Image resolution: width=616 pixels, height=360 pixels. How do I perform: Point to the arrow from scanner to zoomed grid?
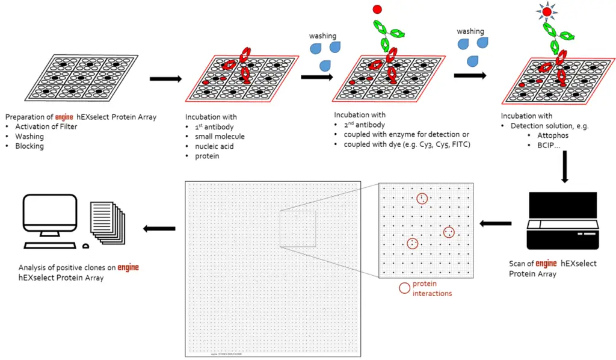click(494, 224)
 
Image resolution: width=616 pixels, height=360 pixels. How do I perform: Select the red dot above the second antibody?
click(377, 10)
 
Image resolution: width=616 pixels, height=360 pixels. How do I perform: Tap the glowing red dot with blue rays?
click(546, 12)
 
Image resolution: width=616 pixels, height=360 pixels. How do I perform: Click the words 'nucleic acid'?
click(212, 146)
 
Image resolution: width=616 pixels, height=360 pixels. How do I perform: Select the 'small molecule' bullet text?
click(218, 137)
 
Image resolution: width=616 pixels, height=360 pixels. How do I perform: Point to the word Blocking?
click(29, 146)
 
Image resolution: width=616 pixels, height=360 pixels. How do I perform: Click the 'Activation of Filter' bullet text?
click(46, 126)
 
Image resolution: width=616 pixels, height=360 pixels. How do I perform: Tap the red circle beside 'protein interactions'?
click(405, 288)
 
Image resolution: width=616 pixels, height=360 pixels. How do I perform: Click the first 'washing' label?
click(323, 36)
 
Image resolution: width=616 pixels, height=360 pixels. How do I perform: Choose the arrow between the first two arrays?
click(165, 79)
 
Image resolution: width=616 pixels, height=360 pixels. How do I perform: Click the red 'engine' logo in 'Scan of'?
click(546, 264)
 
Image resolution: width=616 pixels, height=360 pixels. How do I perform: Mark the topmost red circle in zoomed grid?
click(422, 198)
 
